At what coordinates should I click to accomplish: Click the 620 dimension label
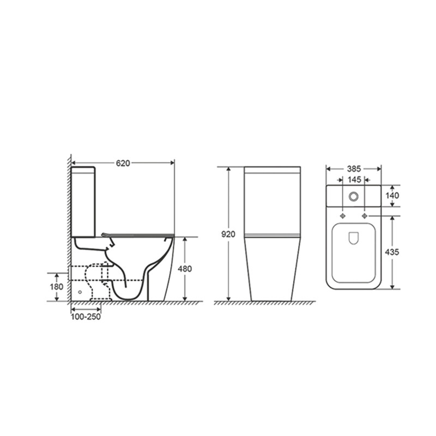tap(123, 163)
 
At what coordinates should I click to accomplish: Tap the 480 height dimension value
tap(185, 269)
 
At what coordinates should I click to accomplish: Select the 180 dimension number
tap(57, 287)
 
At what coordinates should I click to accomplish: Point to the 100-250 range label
tap(86, 317)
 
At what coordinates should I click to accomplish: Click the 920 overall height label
tap(228, 234)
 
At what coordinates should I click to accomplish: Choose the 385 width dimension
tap(354, 169)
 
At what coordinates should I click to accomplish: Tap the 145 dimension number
tap(354, 180)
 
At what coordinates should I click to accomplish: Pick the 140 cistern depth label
tap(392, 196)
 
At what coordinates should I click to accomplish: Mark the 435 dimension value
tap(392, 252)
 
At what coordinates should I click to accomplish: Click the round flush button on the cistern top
tap(354, 197)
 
